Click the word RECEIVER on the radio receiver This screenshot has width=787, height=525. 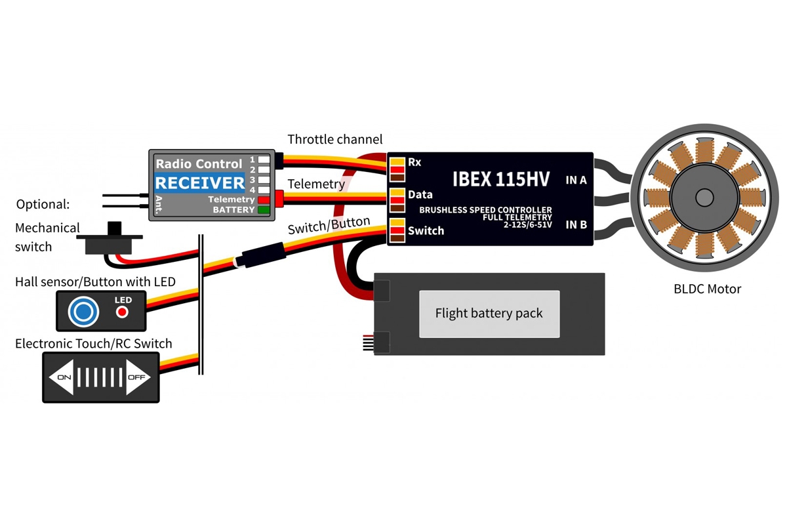point(199,182)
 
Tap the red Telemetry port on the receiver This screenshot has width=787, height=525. point(264,199)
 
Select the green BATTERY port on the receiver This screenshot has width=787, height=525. point(264,210)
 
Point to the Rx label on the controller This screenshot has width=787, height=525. point(414,161)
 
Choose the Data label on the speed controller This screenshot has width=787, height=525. point(420,195)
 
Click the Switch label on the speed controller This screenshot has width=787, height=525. point(426,230)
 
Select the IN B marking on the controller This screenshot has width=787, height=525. point(576,224)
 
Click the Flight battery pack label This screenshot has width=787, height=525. point(489,313)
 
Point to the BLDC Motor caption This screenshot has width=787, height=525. point(707,289)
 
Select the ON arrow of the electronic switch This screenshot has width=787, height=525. point(61,378)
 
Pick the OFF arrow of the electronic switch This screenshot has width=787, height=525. point(140,378)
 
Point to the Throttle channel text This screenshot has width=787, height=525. point(335,140)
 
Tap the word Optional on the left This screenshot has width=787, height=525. point(43,204)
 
